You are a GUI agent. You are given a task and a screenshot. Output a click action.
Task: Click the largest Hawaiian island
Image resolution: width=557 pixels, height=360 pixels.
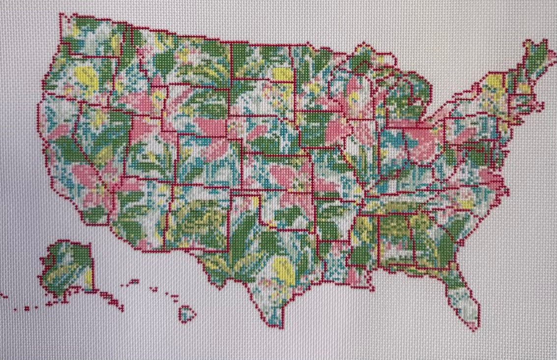187,313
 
